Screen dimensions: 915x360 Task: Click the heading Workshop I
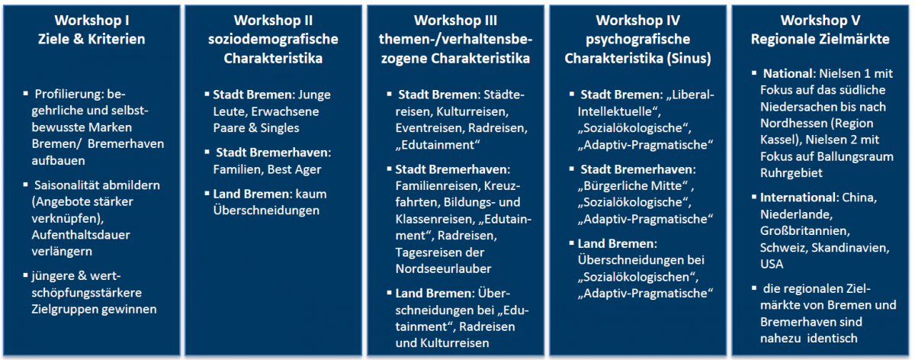pos(91,20)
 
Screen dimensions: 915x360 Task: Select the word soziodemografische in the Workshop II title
pos(273,39)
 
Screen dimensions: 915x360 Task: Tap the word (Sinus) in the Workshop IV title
pos(689,59)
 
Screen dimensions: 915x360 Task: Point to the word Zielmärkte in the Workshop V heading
pos(856,39)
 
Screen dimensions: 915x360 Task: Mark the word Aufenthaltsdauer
pos(81,235)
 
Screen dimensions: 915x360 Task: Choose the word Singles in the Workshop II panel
pos(280,128)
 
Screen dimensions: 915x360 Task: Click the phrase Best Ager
pos(294,169)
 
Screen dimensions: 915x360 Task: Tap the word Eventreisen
pos(429,128)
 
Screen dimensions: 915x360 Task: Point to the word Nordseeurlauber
pos(443,269)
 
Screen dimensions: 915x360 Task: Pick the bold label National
pos(788,73)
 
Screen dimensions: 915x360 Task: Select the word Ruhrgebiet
pos(791,173)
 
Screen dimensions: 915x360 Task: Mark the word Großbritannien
pos(804,231)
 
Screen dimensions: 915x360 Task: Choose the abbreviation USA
pos(772,265)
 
